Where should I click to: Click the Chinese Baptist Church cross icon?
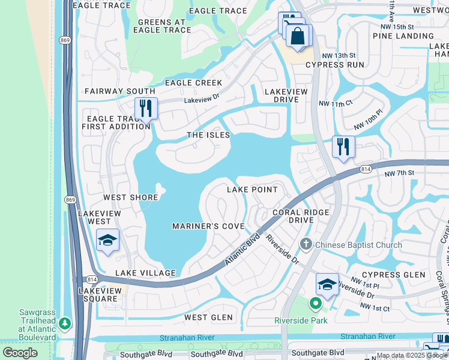pyautogui.click(x=306, y=244)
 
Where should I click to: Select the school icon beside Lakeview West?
pyautogui.click(x=108, y=241)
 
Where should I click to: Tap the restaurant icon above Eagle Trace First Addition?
pyautogui.click(x=146, y=109)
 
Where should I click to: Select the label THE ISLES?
pyautogui.click(x=208, y=135)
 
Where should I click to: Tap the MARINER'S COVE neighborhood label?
pyautogui.click(x=208, y=226)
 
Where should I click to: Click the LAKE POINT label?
pyautogui.click(x=252, y=190)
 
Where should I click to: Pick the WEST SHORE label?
pyautogui.click(x=131, y=197)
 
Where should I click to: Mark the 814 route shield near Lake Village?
pyautogui.click(x=91, y=280)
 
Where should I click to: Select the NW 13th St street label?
pyautogui.click(x=338, y=55)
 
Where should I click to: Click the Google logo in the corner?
pyautogui.click(x=20, y=353)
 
